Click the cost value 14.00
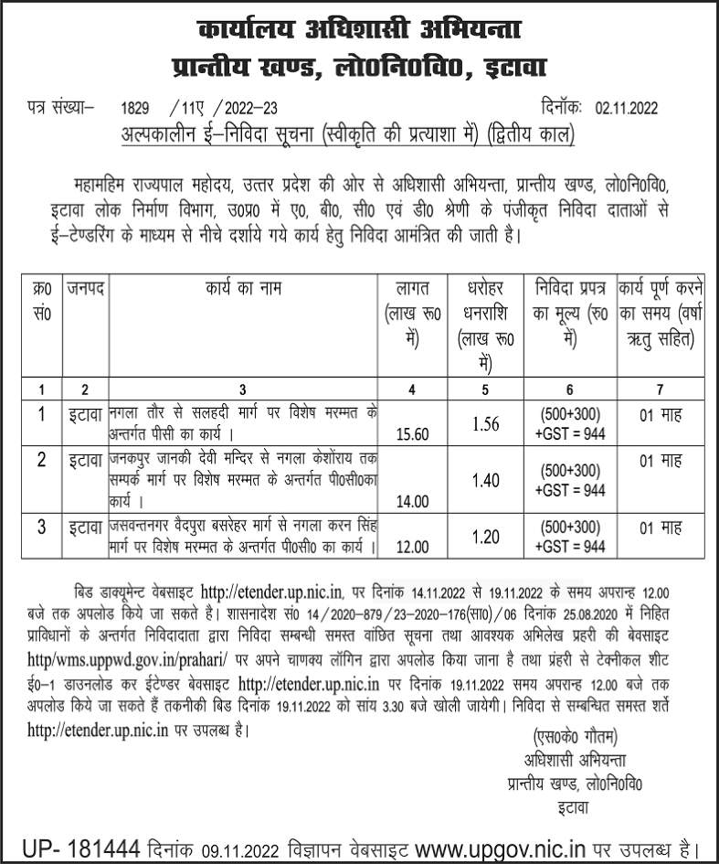[411, 500]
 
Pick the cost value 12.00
[411, 548]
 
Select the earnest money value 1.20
[485, 537]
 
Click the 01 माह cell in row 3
[660, 528]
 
